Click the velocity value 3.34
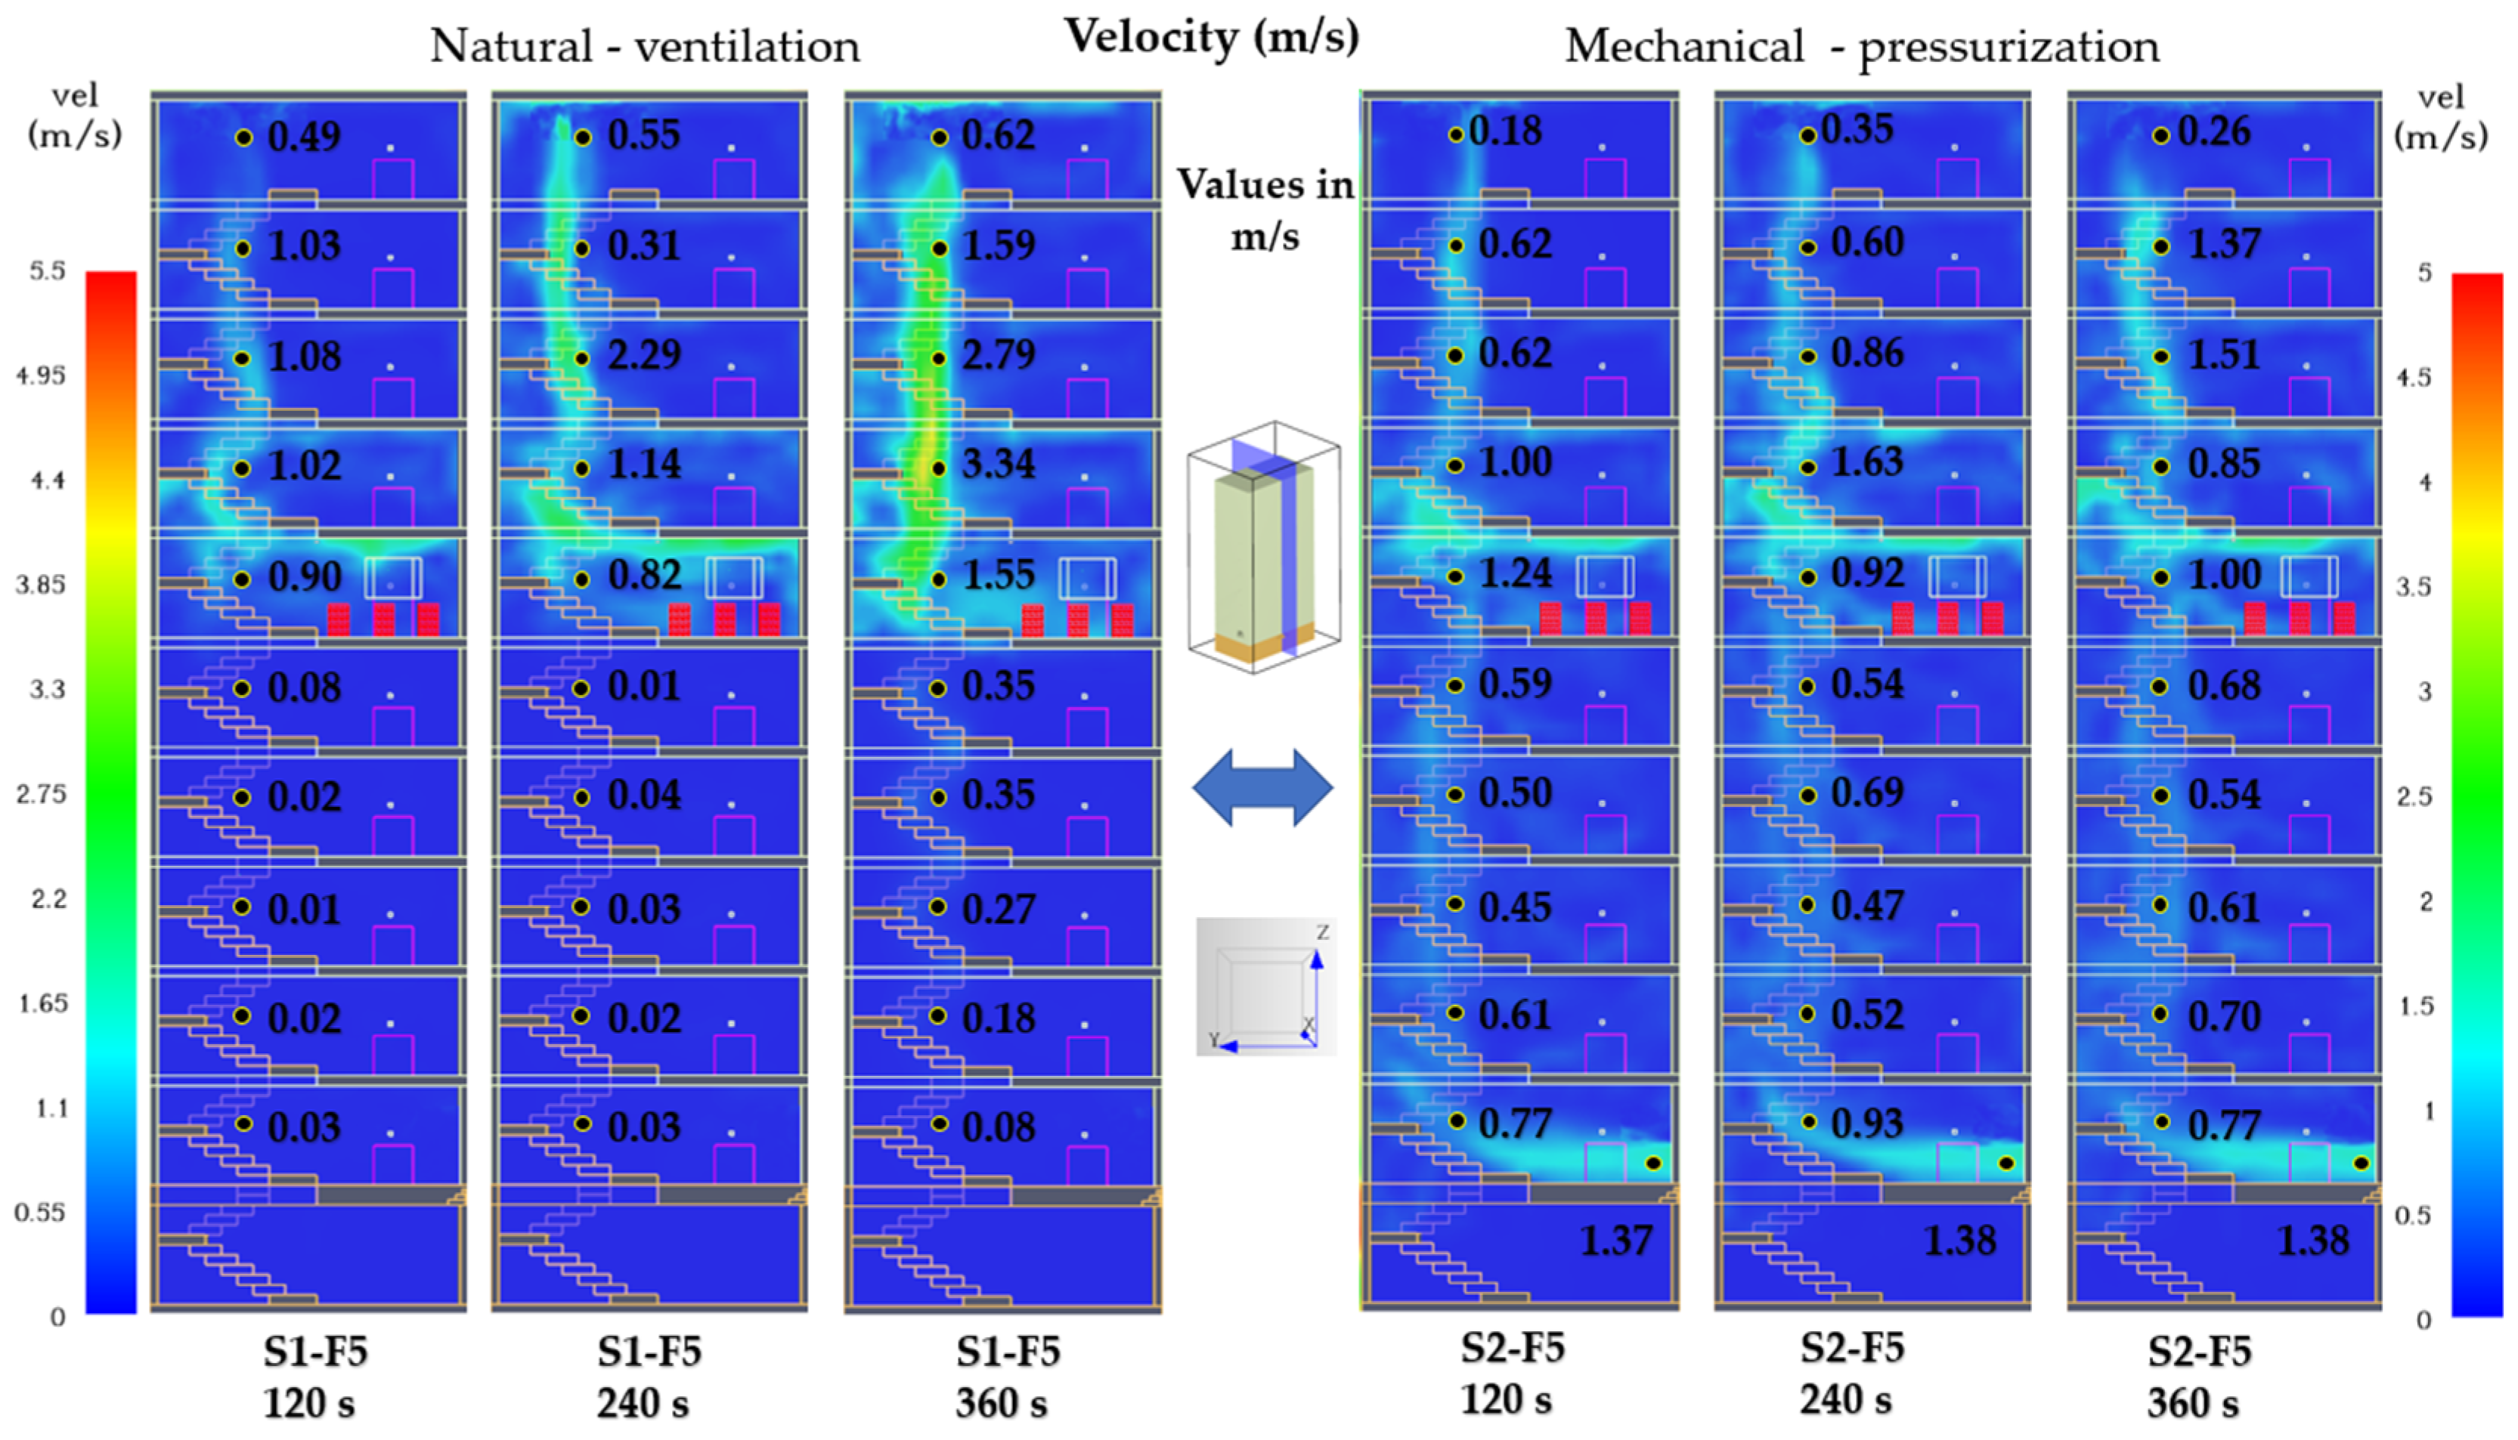pyautogui.click(x=999, y=464)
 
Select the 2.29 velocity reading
pyautogui.click(x=644, y=355)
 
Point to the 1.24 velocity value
pyautogui.click(x=1515, y=573)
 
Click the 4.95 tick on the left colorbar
pyautogui.click(x=41, y=375)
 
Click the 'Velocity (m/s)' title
pyautogui.click(x=1211, y=38)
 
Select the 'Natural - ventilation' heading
pyautogui.click(x=644, y=47)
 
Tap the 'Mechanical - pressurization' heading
pyautogui.click(x=1861, y=47)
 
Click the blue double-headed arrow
pyautogui.click(x=1262, y=787)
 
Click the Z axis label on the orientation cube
pyautogui.click(x=1322, y=932)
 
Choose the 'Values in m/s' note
pyautogui.click(x=1265, y=210)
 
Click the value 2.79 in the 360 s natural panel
pyautogui.click(x=999, y=355)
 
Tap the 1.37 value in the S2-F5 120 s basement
pyautogui.click(x=1615, y=1241)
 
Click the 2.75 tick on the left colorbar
pyautogui.click(x=41, y=794)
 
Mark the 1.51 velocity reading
pyautogui.click(x=2223, y=355)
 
